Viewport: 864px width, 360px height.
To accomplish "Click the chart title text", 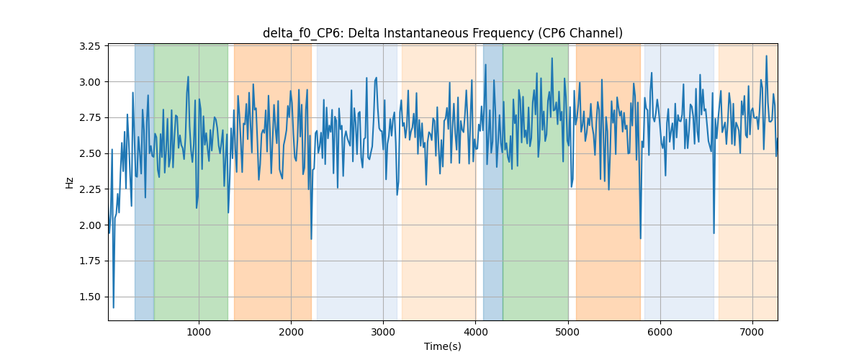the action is pos(442,33).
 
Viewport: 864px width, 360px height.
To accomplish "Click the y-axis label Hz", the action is pos(69,182).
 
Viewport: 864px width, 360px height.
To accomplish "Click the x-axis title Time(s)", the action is pos(442,346).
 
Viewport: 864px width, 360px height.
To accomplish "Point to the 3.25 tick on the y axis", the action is pos(89,46).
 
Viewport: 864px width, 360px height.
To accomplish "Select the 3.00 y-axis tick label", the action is pos(89,82).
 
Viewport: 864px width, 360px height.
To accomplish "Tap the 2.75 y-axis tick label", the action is pos(89,117).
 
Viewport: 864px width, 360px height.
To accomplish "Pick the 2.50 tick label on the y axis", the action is pos(89,153).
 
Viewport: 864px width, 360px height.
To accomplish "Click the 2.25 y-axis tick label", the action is pos(89,189).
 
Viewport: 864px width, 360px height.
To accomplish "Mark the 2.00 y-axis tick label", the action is pos(89,225).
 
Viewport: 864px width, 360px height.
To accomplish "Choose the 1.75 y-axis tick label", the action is pos(89,261).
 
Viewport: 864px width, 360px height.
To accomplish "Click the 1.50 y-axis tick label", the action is pos(89,297).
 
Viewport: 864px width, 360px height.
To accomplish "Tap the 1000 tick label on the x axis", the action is pos(199,332).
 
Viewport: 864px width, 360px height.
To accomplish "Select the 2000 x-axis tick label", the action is pos(291,332).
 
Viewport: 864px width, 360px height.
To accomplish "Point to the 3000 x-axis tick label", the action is pos(383,332).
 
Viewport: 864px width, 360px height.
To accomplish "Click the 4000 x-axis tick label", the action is pos(476,332).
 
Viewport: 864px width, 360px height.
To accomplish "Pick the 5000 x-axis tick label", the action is pos(568,332).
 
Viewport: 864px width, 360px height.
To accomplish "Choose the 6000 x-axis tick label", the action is pos(660,332).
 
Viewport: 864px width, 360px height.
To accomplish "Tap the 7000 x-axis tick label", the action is pos(752,332).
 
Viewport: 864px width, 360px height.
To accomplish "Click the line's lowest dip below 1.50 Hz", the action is pos(114,307).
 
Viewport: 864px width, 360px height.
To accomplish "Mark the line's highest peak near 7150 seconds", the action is pos(766,56).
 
